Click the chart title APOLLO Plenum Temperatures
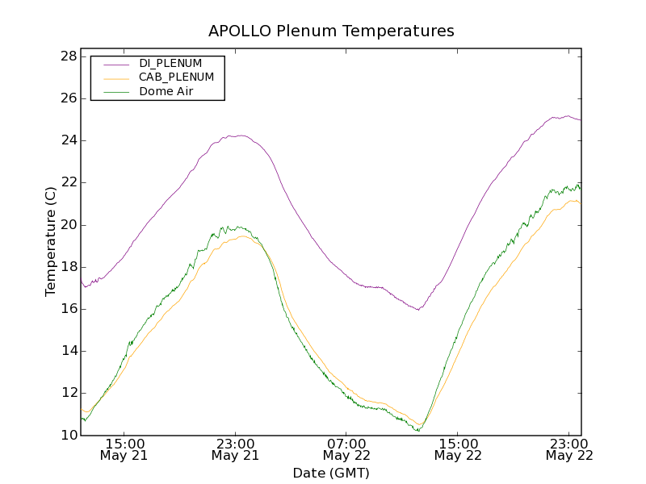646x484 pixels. pyautogui.click(x=331, y=31)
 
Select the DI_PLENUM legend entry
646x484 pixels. pyautogui.click(x=170, y=63)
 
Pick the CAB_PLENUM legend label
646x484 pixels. pyautogui.click(x=176, y=77)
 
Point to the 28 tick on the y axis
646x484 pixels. pyautogui.click(x=68, y=56)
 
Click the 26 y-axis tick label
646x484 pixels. pyautogui.click(x=68, y=98)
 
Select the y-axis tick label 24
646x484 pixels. pyautogui.click(x=68, y=140)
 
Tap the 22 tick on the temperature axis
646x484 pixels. pyautogui.click(x=68, y=182)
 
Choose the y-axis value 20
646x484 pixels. pyautogui.click(x=68, y=225)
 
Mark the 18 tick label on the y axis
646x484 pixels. pyautogui.click(x=68, y=267)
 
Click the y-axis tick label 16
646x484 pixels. pyautogui.click(x=68, y=309)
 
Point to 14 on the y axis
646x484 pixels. pyautogui.click(x=68, y=351)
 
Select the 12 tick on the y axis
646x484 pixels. pyautogui.click(x=68, y=393)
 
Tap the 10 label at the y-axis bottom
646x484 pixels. pyautogui.click(x=68, y=436)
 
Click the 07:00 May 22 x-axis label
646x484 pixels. pyautogui.click(x=346, y=449)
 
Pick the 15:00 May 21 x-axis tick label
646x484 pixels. pyautogui.click(x=124, y=449)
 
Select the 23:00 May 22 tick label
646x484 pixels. pyautogui.click(x=569, y=449)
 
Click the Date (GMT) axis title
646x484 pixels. pyautogui.click(x=331, y=473)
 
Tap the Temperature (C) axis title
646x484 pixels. pyautogui.click(x=51, y=241)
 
